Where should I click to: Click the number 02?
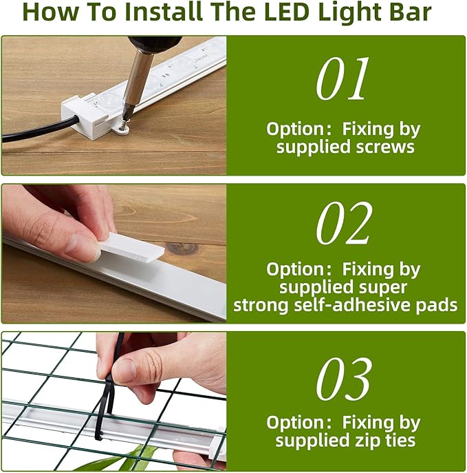(345, 224)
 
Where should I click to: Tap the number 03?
(345, 379)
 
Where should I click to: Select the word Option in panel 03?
(294, 422)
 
